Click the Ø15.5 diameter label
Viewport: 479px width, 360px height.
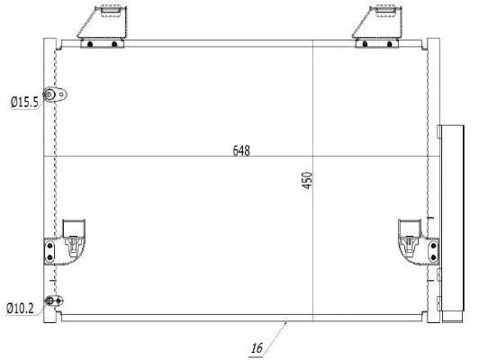[x=23, y=103]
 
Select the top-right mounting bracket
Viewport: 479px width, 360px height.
[x=379, y=27]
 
